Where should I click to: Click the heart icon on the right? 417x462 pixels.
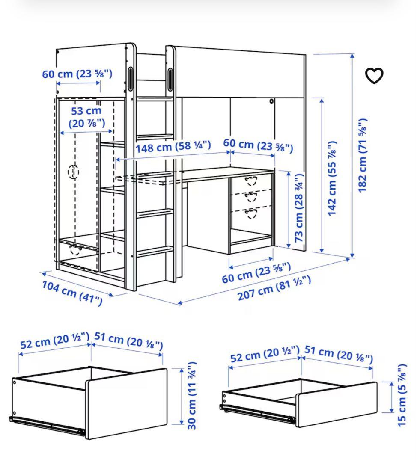[x=374, y=76]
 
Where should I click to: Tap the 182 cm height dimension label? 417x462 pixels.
[x=363, y=155]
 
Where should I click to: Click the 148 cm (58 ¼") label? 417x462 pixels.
[x=173, y=147]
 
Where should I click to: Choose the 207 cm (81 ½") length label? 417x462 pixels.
[x=274, y=288]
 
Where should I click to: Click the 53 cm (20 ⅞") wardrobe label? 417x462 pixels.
[x=87, y=117]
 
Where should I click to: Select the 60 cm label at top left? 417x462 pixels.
[x=77, y=74]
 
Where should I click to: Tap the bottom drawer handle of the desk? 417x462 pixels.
[x=251, y=213]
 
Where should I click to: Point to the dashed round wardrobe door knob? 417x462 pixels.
[x=74, y=172]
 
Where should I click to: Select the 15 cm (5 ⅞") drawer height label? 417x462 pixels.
[x=402, y=395]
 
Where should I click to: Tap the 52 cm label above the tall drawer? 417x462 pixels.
[x=54, y=341]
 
